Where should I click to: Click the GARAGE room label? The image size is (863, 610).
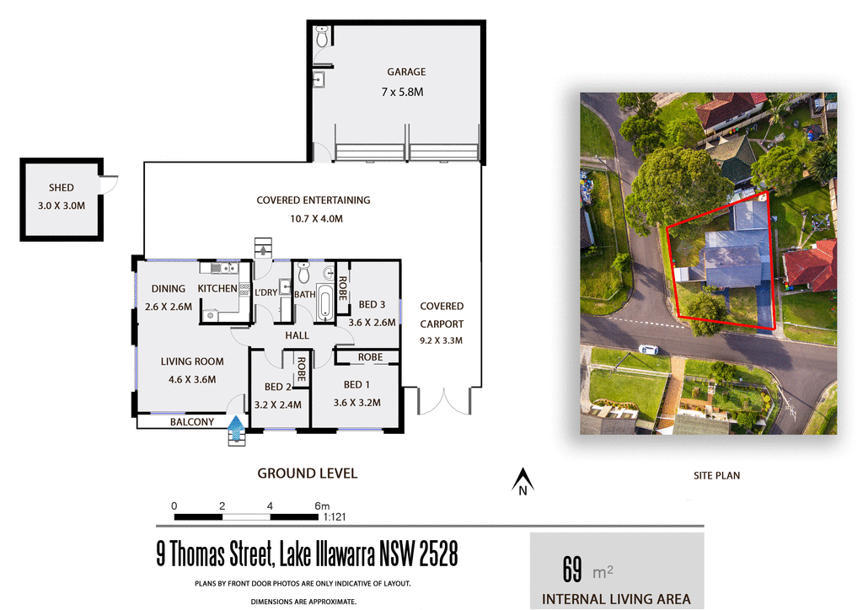(406, 72)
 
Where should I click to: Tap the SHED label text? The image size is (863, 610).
(62, 188)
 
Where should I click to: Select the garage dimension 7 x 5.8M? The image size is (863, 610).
(405, 90)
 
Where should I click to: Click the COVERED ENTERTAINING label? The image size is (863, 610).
(313, 201)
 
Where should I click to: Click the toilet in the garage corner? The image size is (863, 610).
(321, 38)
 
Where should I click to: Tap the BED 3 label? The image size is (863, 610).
(372, 304)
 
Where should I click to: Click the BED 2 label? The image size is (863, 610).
(277, 387)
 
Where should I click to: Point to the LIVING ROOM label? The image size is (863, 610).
(192, 361)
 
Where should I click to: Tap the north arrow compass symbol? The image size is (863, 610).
(523, 481)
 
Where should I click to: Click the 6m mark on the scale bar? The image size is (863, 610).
(321, 506)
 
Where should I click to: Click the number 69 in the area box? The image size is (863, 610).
(572, 570)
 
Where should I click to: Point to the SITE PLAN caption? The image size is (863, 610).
(716, 476)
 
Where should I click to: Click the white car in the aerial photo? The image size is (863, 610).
(648, 349)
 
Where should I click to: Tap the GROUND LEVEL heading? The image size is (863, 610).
(307, 474)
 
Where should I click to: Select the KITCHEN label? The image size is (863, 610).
(217, 289)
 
